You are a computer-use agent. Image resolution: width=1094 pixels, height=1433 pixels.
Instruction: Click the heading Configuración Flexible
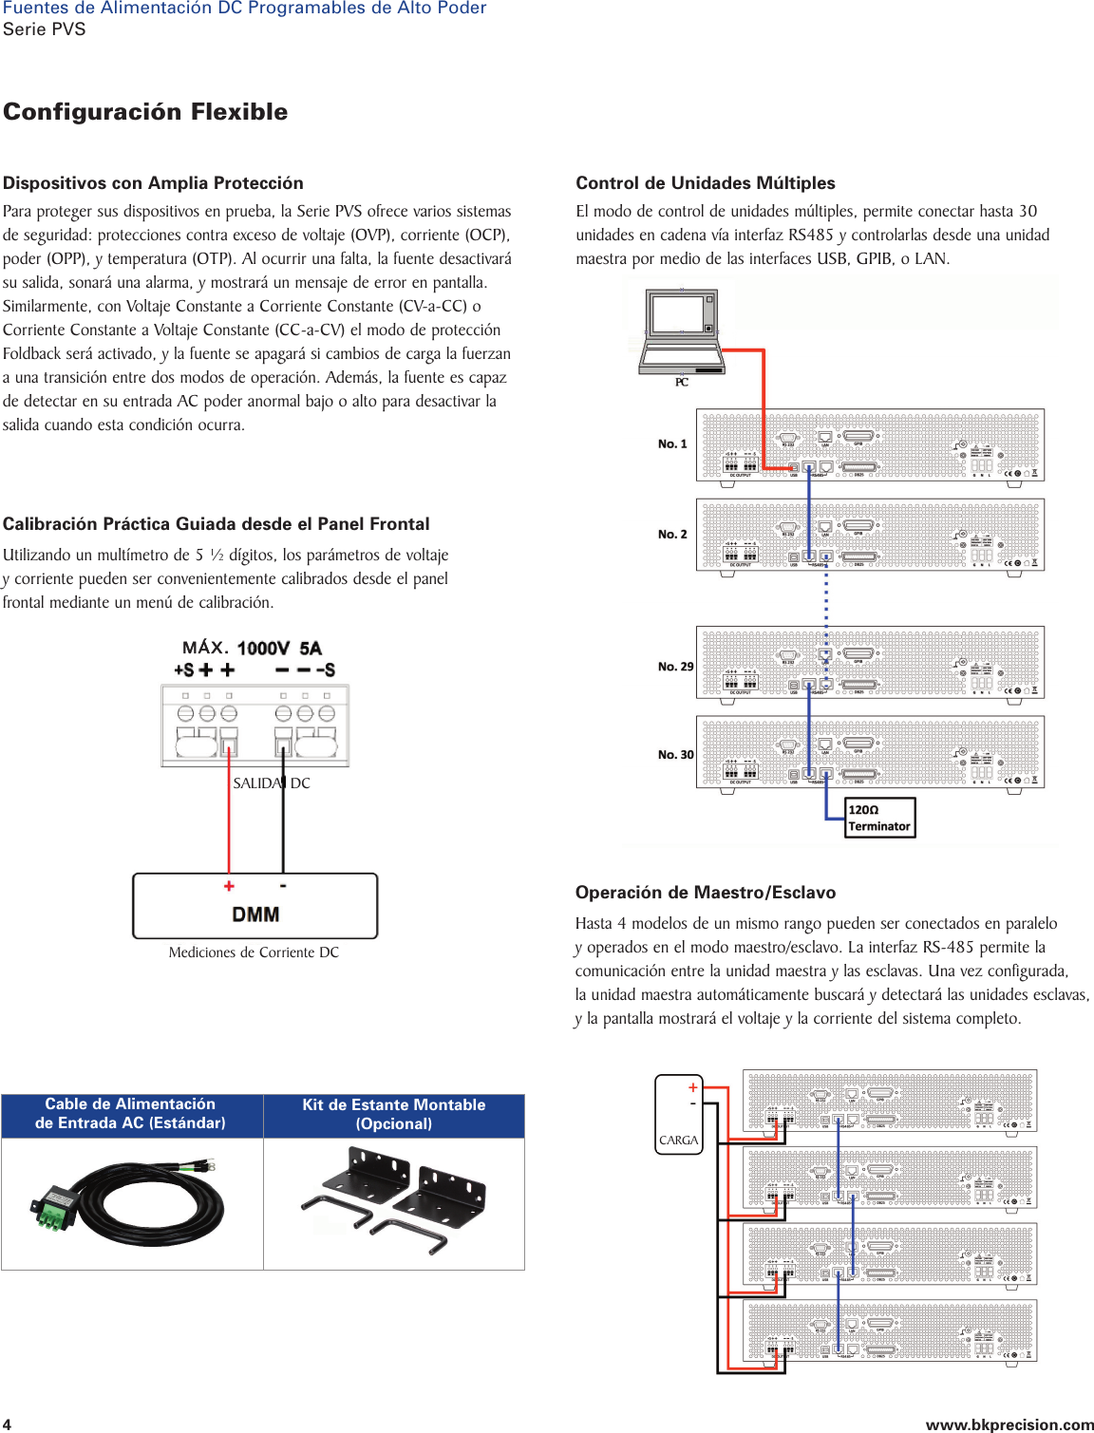point(145,112)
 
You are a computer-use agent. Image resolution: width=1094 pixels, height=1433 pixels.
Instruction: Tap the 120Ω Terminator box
point(879,818)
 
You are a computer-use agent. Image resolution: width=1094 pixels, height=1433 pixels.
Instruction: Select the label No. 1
point(671,443)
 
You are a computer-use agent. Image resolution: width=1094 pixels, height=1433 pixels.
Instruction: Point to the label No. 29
point(675,667)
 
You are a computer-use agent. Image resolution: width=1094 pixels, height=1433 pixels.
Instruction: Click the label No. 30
point(675,755)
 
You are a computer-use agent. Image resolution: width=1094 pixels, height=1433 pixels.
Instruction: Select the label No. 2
point(671,534)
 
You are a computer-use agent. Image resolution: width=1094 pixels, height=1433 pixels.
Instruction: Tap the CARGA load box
point(678,1114)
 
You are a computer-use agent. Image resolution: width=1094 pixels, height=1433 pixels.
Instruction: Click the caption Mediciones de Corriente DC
point(254,952)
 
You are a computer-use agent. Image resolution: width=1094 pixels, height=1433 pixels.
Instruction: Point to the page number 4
point(8,1424)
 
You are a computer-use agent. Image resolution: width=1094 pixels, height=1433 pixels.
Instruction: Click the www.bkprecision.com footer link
point(1009,1424)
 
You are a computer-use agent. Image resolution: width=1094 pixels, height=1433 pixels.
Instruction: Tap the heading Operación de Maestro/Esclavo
point(705,893)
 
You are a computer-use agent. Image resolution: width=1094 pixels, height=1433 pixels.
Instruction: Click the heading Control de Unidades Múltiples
point(705,183)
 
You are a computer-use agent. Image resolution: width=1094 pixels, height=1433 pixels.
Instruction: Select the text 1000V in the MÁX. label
point(263,649)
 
